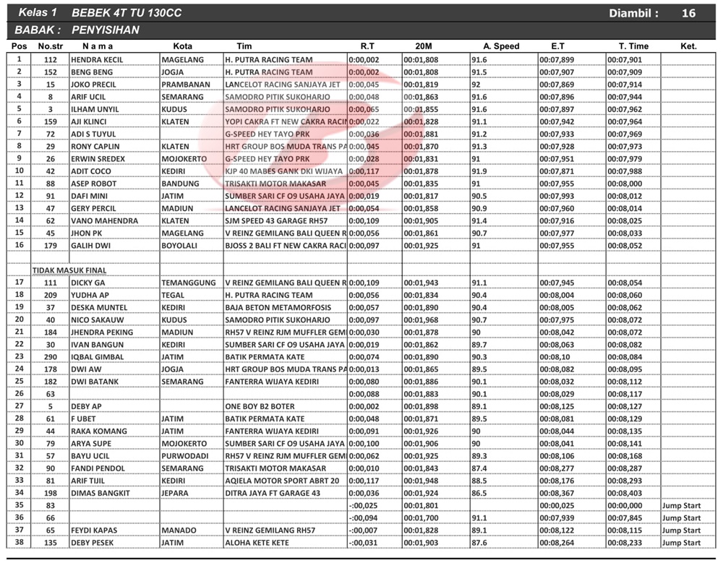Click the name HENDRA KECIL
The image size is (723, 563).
point(97,60)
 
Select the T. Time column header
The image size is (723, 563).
point(633,46)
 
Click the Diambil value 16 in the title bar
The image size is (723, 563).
point(688,13)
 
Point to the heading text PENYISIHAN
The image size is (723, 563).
point(106,30)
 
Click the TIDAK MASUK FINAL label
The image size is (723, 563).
point(69,270)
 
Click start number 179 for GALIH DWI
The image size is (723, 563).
point(51,246)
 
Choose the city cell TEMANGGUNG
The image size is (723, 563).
point(189,283)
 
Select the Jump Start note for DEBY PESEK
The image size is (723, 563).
point(681,543)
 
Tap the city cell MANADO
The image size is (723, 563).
point(179,530)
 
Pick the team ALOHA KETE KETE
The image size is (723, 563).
point(257,543)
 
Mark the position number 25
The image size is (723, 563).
point(19,382)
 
